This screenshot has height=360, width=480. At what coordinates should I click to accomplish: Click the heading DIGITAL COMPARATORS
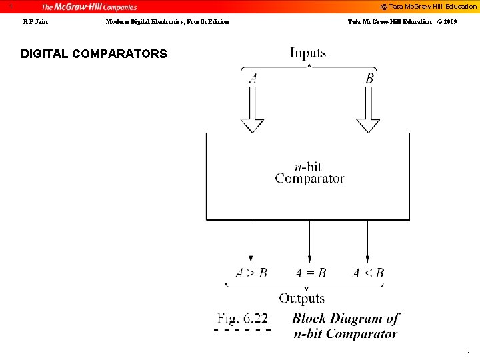94,54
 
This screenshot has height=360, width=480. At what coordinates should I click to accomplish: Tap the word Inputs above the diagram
308,53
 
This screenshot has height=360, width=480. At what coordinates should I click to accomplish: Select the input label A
253,79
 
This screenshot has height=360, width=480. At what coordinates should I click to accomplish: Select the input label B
369,79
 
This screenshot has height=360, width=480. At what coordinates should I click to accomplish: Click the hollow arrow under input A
252,111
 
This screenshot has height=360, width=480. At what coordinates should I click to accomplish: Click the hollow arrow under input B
368,111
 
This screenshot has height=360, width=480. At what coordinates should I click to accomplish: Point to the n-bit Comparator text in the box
309,173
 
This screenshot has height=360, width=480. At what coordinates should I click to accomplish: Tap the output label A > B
251,273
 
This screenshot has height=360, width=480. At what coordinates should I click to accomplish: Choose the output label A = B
310,273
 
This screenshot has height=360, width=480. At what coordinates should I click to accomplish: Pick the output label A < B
368,273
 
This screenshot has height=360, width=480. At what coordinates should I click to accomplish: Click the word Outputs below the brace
302,299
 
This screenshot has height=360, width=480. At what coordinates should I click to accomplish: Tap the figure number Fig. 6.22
243,319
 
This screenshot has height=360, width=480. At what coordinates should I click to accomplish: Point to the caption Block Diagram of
345,319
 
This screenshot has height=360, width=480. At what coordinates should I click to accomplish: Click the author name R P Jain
35,22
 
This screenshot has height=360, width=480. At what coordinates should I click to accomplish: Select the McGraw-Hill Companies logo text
89,7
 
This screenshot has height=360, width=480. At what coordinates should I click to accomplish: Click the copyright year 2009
449,22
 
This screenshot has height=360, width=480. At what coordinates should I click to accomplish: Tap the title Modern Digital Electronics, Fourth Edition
167,22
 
